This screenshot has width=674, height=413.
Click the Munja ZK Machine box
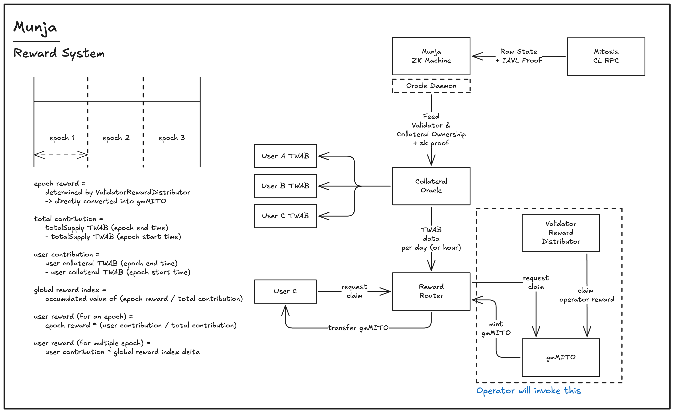click(x=431, y=56)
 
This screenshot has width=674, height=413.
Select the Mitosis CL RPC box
click(x=606, y=56)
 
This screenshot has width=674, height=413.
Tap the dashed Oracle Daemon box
click(x=431, y=86)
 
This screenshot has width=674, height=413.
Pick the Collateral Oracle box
click(x=431, y=186)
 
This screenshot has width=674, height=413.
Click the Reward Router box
click(x=431, y=291)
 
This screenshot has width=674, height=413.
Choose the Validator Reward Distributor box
click(x=561, y=233)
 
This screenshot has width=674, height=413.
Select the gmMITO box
click(x=561, y=357)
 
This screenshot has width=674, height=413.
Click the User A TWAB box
click(x=285, y=156)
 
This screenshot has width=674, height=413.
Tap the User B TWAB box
click(x=285, y=186)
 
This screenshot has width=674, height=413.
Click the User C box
click(x=285, y=291)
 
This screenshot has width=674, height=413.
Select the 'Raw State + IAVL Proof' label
click(x=519, y=56)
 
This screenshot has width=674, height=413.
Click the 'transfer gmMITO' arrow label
click(x=358, y=328)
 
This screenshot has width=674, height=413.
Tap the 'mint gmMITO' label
click(x=496, y=329)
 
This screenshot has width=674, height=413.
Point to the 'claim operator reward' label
click(x=586, y=295)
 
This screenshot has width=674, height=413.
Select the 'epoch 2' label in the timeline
click(x=116, y=138)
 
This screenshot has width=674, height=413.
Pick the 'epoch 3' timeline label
click(x=172, y=138)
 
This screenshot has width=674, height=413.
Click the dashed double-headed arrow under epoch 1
click(x=61, y=155)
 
